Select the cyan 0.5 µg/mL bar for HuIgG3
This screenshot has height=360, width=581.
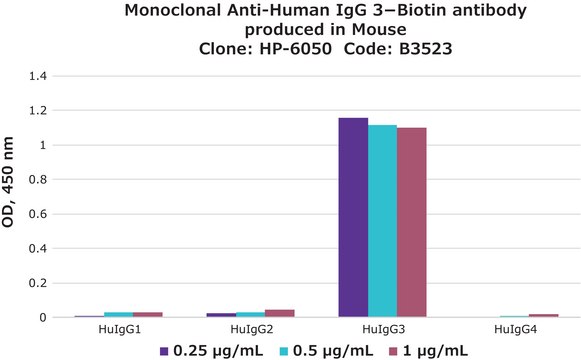[x=382, y=221]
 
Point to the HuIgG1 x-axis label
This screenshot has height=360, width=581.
[x=117, y=329]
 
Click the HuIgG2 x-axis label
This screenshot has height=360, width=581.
[x=249, y=329]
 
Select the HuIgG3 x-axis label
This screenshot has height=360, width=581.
[x=382, y=329]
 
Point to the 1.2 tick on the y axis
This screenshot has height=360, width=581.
[x=37, y=111]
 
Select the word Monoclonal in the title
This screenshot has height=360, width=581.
[x=175, y=11]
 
